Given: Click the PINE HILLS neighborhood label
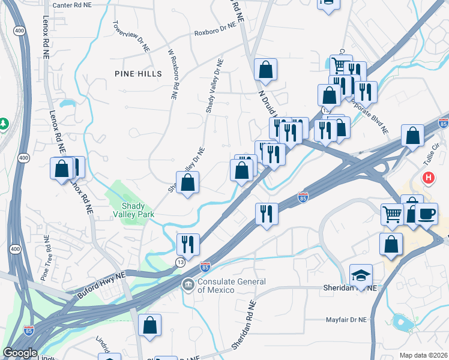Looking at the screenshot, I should (x=139, y=74).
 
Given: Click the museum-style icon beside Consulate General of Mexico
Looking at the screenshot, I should (x=188, y=283).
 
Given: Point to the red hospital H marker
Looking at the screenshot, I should (x=429, y=178).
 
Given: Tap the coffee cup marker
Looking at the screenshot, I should (x=426, y=214).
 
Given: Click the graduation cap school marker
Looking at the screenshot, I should (x=361, y=275).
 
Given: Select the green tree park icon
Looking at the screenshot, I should (x=4, y=124).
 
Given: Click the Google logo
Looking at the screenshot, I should (x=20, y=353).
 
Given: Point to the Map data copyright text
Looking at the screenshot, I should (x=423, y=355).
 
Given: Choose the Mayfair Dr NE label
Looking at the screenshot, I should (x=346, y=320).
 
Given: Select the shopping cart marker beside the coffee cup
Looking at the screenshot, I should (x=391, y=214).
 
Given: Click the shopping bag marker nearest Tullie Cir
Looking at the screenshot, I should (x=412, y=136).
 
